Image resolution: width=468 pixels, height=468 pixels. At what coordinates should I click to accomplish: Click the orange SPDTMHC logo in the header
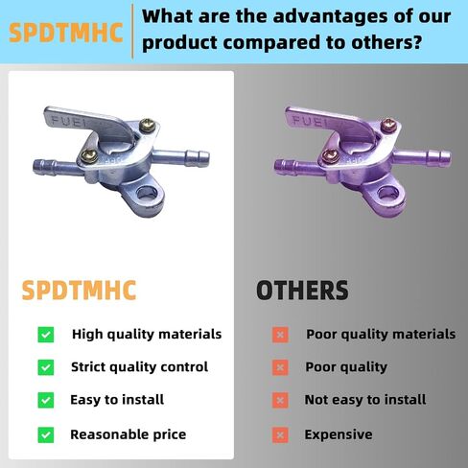pyautogui.click(x=66, y=33)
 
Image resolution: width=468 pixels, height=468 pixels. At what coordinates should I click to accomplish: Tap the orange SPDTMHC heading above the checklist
pyautogui.click(x=79, y=290)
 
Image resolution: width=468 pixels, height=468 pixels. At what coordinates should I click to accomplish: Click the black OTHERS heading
pyautogui.click(x=302, y=290)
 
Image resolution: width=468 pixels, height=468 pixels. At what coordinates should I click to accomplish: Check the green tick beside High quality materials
pyautogui.click(x=46, y=335)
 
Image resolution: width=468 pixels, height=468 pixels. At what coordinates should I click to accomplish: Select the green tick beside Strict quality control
pyautogui.click(x=46, y=367)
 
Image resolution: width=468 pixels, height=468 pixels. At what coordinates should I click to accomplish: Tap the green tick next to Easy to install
pyautogui.click(x=46, y=400)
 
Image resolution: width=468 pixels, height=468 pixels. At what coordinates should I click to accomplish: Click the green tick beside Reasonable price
pyautogui.click(x=46, y=434)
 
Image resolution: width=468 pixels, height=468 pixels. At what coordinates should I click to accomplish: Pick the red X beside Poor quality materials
pyautogui.click(x=280, y=335)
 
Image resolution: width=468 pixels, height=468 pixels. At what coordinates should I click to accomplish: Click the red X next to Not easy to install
pyautogui.click(x=280, y=400)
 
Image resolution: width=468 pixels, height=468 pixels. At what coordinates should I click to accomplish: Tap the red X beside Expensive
pyautogui.click(x=280, y=434)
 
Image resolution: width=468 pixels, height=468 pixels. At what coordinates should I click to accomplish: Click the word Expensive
pyautogui.click(x=339, y=434)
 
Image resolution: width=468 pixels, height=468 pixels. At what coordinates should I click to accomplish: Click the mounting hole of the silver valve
pyautogui.click(x=147, y=193)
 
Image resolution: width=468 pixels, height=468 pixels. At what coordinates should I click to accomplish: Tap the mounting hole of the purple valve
pyautogui.click(x=387, y=193)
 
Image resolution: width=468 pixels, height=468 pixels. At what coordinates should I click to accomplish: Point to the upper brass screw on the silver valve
pyautogui.click(x=148, y=125)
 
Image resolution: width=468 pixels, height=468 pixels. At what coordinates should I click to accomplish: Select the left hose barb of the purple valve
pyautogui.click(x=295, y=166)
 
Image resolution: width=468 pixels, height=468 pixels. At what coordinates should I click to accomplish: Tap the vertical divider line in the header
pyautogui.click(x=132, y=32)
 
